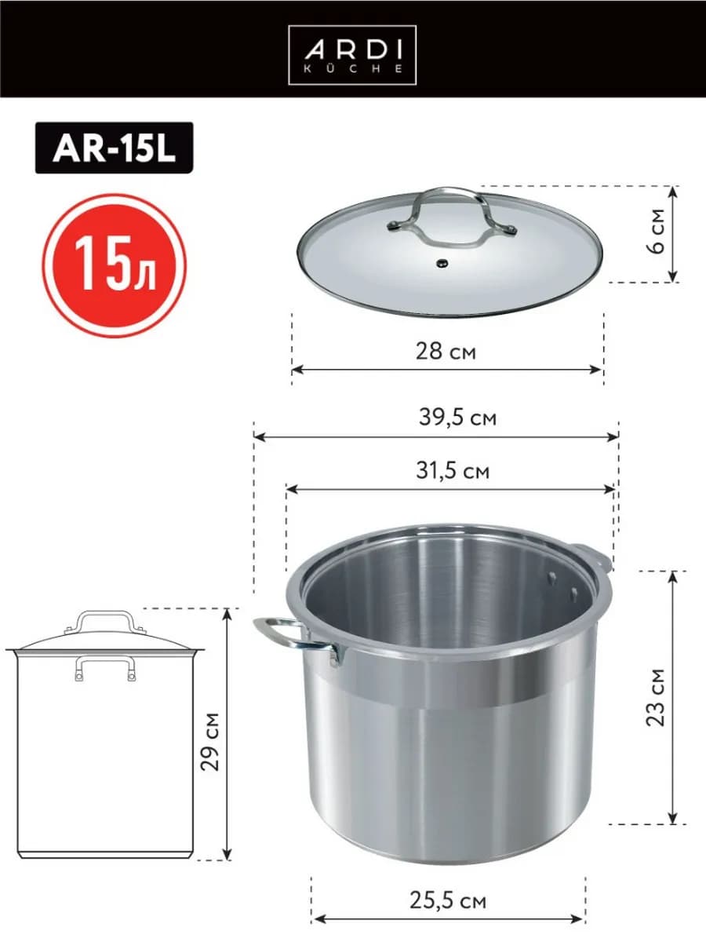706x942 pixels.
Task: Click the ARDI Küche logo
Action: (x=352, y=55)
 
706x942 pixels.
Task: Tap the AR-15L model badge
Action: (x=114, y=148)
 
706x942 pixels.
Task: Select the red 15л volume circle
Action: (x=115, y=265)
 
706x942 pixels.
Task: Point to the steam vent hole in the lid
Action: (x=441, y=263)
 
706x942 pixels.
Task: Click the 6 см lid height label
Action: (x=656, y=231)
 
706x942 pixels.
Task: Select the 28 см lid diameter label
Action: (x=446, y=351)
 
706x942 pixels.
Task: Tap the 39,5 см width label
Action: (x=458, y=417)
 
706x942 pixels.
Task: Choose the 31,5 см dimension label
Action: (x=453, y=471)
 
